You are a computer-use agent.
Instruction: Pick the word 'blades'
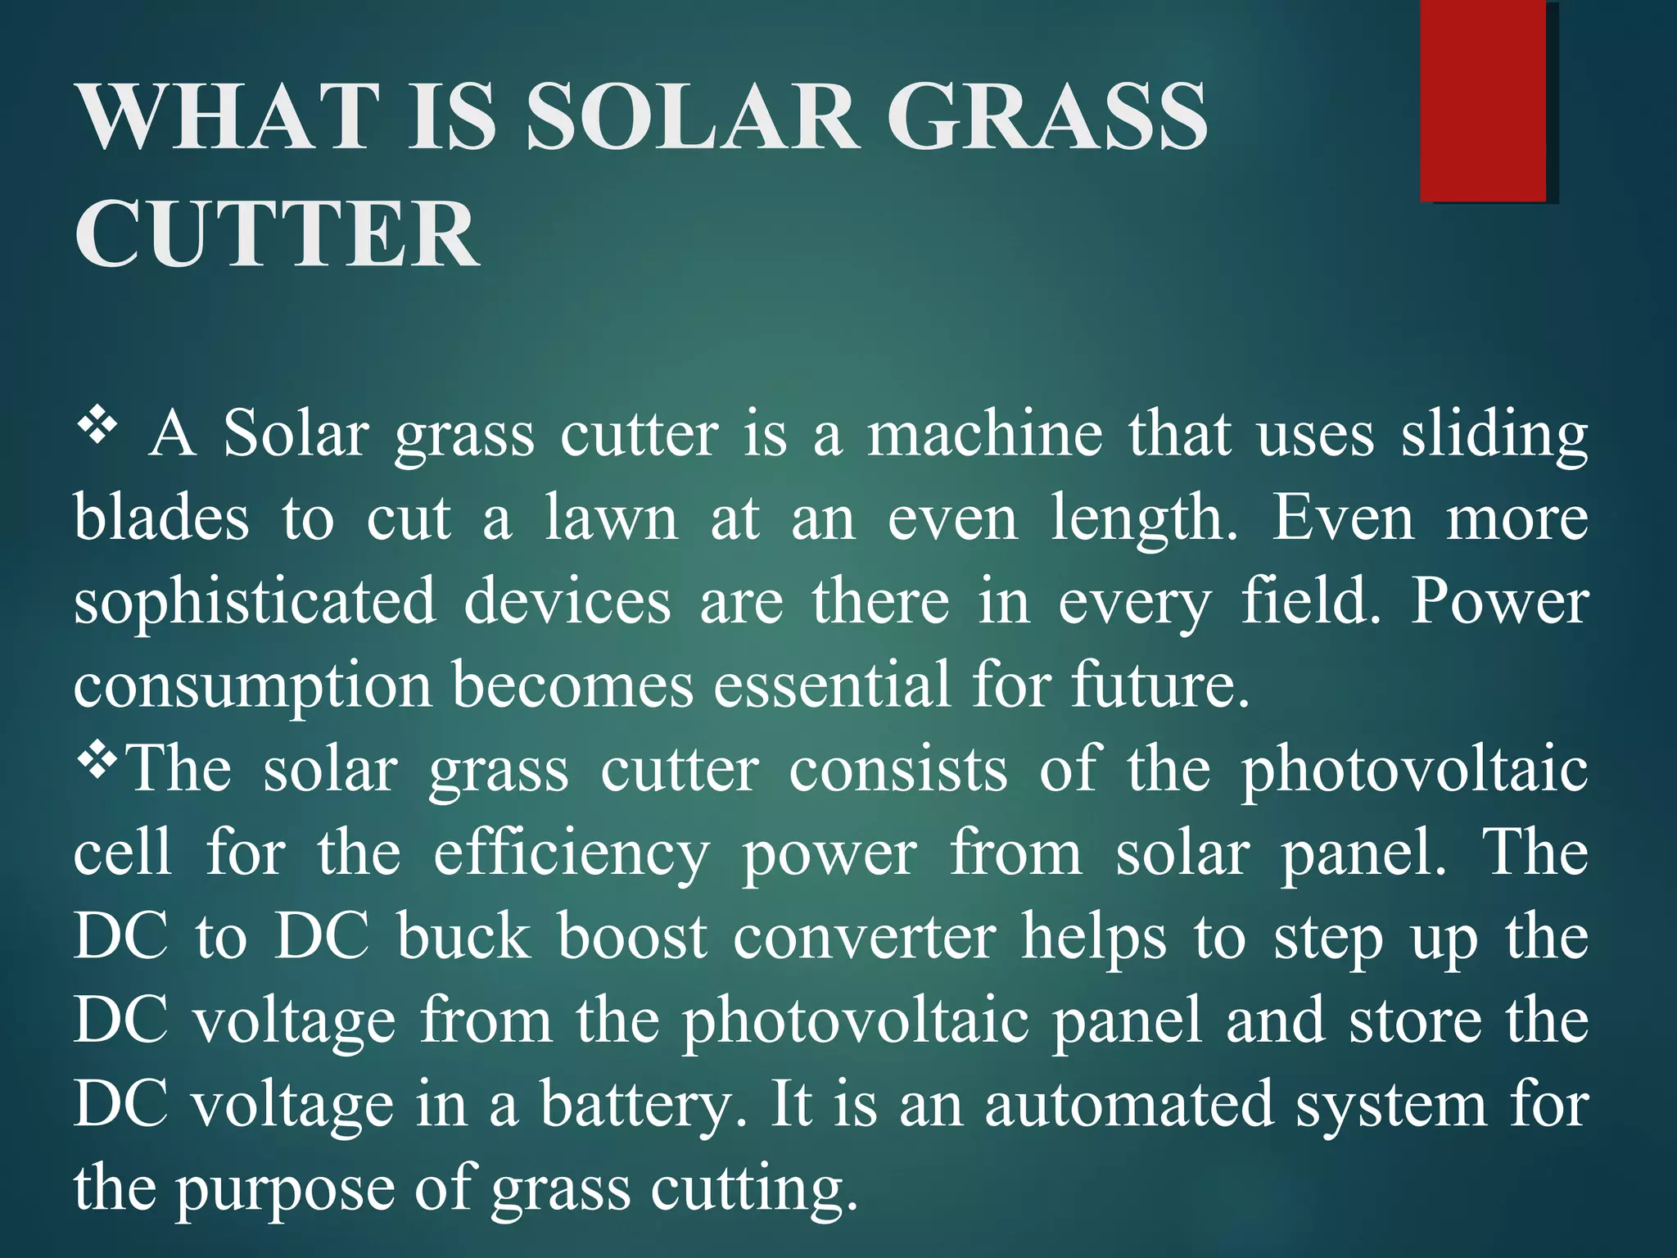161,518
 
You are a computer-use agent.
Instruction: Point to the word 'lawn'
612,518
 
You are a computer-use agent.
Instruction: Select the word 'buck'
463,937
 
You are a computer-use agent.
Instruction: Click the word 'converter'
865,937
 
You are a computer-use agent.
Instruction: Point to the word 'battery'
642,1106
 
